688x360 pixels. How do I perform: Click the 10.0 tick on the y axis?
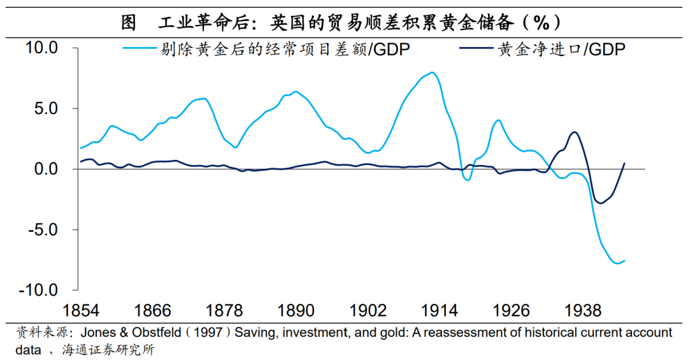click(41, 48)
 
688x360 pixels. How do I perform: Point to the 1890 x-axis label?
click(296, 311)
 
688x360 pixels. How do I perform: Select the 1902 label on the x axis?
click(368, 311)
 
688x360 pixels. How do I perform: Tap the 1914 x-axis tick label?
click(440, 311)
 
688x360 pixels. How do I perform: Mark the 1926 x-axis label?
click(512, 311)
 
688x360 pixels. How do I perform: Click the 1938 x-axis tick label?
click(584, 311)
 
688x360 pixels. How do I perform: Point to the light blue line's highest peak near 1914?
click(433, 73)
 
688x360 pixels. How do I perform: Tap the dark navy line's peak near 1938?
click(575, 133)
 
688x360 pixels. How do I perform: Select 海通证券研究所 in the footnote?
click(108, 350)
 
